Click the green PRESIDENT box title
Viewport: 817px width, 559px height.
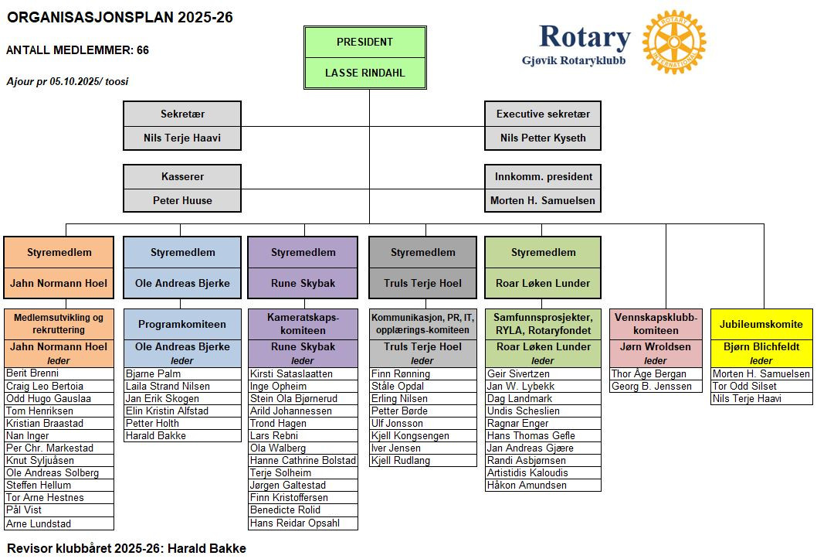point(364,42)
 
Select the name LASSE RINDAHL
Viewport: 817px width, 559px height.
point(364,73)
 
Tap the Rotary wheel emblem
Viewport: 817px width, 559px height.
point(674,43)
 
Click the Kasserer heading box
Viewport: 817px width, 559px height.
point(182,176)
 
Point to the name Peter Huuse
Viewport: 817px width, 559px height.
point(182,200)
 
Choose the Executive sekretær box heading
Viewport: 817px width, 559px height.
point(543,114)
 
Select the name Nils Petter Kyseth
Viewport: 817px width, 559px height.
point(543,138)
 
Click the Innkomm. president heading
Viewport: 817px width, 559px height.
point(543,176)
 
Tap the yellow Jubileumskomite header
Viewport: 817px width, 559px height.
point(761,324)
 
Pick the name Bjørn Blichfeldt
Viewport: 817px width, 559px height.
point(761,347)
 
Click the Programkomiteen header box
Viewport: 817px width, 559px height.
point(181,324)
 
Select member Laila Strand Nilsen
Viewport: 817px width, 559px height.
point(168,386)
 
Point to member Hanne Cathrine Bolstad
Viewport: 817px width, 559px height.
point(303,460)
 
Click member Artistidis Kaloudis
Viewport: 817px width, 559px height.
point(527,472)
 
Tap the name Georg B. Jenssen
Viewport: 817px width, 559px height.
point(651,386)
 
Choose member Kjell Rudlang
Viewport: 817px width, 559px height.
point(401,460)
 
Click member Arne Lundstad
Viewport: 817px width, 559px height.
point(39,523)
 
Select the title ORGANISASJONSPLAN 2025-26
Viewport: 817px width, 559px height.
point(120,17)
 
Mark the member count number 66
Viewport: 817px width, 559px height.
point(143,50)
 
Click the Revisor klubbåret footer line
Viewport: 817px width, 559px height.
point(127,548)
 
